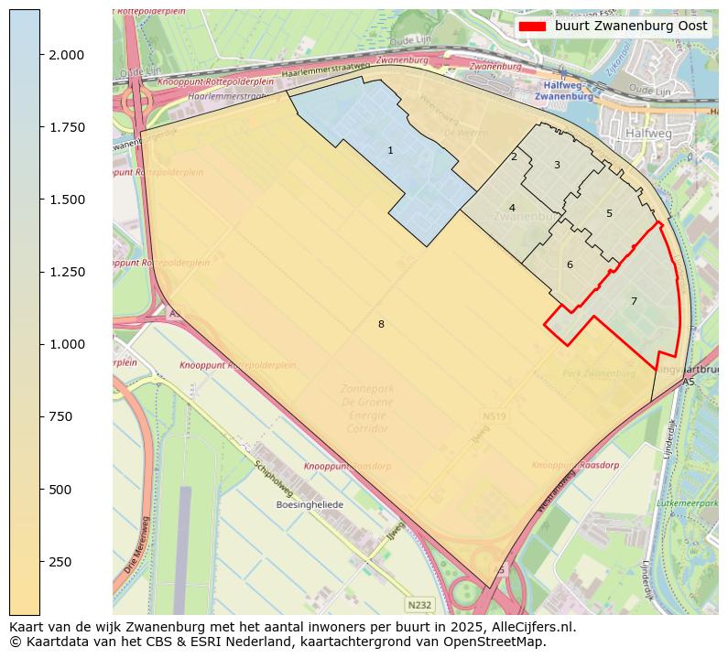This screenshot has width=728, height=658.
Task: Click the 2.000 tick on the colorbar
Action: point(40,55)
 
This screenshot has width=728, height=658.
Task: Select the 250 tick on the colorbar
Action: point(40,561)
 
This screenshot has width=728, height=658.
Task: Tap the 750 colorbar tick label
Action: point(61,416)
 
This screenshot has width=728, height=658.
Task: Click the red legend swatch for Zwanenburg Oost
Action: point(532,27)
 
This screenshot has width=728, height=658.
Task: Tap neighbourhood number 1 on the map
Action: point(390,150)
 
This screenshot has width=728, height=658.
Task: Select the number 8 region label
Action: point(381,324)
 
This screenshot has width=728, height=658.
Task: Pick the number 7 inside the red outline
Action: point(633,301)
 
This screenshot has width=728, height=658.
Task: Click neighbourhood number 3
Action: point(557,165)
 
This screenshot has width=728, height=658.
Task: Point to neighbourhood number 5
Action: point(609,213)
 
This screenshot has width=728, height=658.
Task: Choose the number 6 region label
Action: point(570,264)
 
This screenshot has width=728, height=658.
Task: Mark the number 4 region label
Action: point(512,208)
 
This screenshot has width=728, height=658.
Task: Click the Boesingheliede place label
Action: point(310,504)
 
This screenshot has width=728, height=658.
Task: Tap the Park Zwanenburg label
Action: point(598,373)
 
